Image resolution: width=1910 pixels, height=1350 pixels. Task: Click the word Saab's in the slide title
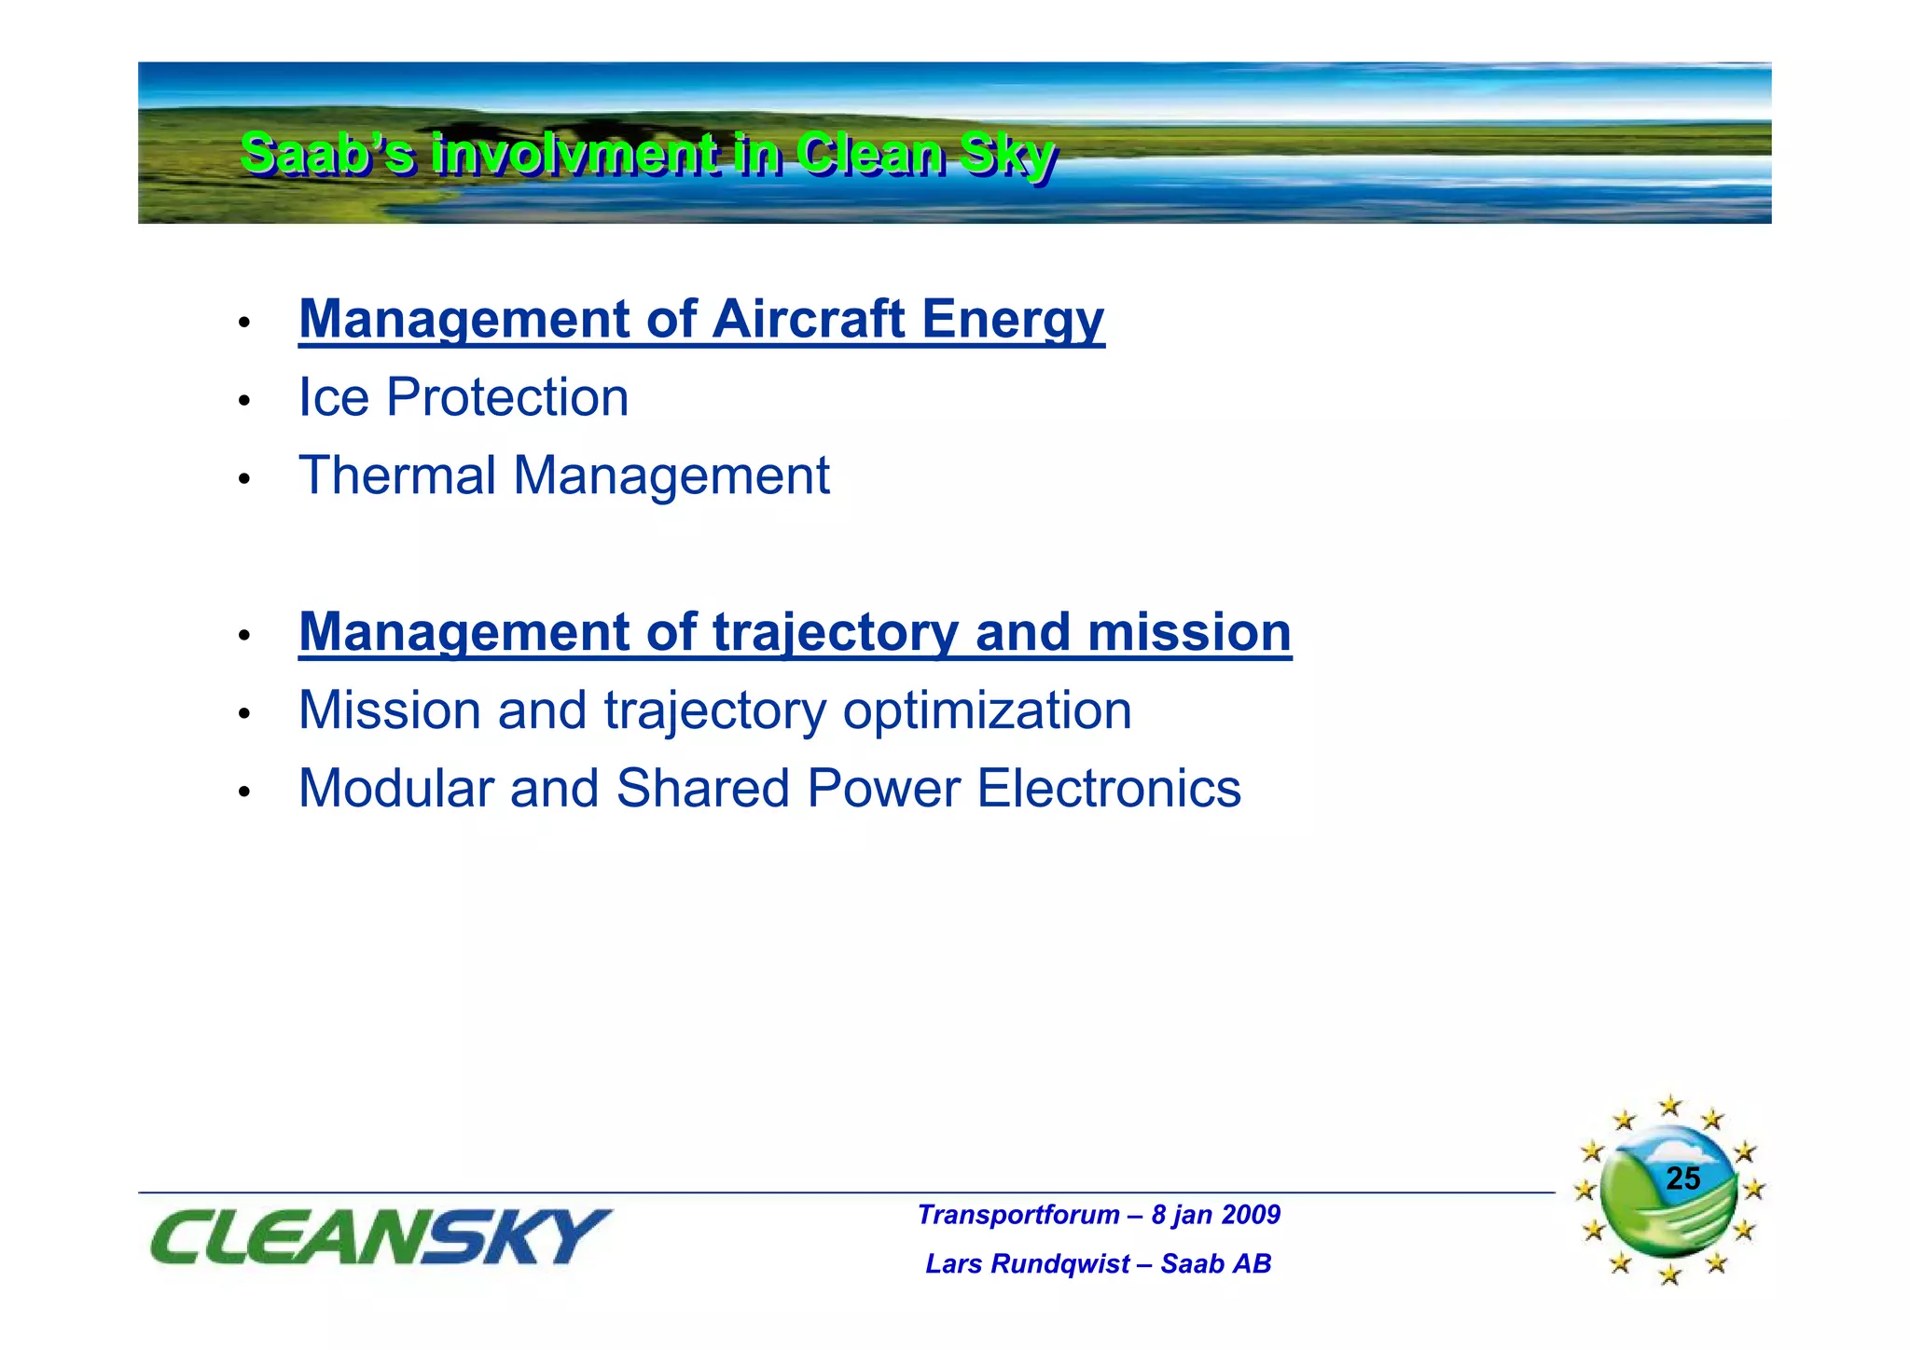click(x=326, y=155)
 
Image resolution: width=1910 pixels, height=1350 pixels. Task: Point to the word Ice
click(x=333, y=398)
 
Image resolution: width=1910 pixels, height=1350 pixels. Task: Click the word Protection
click(x=507, y=398)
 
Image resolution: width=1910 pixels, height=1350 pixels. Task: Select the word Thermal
click(x=397, y=476)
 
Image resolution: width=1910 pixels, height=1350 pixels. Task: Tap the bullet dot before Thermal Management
click(x=244, y=480)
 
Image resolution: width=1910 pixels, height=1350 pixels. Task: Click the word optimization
click(x=987, y=711)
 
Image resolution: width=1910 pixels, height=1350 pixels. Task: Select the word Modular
click(x=395, y=790)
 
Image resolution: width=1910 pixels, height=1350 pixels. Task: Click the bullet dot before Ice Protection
click(x=244, y=402)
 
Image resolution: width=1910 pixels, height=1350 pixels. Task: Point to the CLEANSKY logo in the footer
click(x=380, y=1236)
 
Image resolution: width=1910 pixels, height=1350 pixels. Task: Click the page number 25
click(x=1682, y=1179)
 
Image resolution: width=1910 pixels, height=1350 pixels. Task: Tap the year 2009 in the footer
click(x=1251, y=1215)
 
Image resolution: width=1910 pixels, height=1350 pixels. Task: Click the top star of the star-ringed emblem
click(x=1669, y=1107)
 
